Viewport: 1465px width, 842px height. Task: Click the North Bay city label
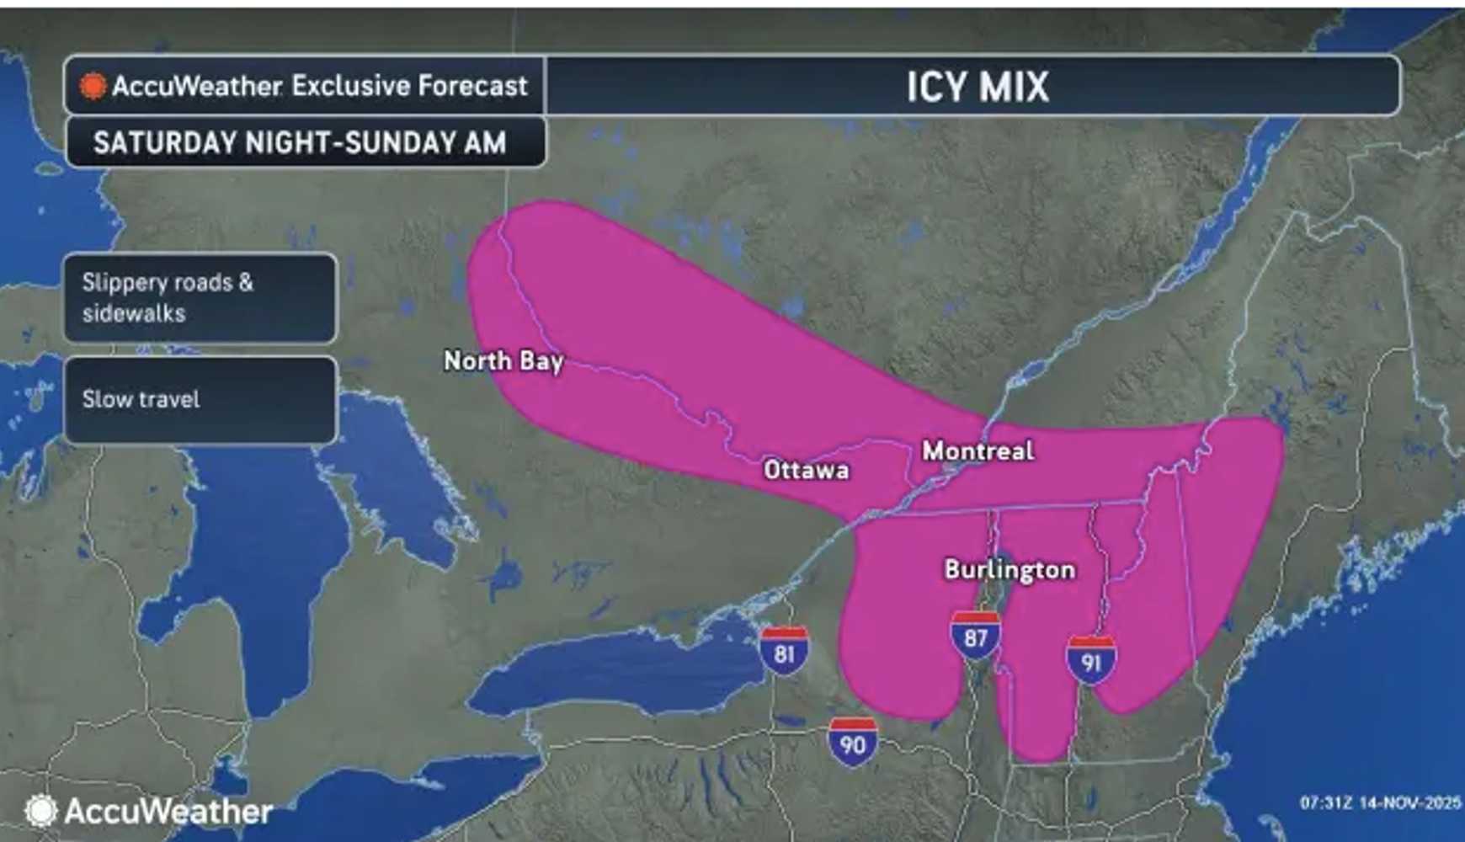click(503, 361)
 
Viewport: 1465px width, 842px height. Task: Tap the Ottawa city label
click(806, 470)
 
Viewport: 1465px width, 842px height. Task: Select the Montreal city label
click(978, 451)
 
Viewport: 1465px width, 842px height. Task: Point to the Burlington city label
click(1010, 570)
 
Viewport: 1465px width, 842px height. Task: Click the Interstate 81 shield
click(784, 650)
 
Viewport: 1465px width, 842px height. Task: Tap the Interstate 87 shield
click(975, 636)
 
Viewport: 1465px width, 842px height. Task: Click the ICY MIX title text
click(977, 87)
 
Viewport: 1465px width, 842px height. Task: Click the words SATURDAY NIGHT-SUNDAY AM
click(300, 142)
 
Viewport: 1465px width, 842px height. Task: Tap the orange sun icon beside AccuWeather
click(93, 86)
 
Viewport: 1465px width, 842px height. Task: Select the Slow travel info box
click(200, 400)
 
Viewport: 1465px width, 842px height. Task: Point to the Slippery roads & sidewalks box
click(200, 298)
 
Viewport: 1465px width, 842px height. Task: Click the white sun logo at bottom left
click(40, 811)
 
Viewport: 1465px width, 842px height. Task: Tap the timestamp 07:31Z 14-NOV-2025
click(1380, 803)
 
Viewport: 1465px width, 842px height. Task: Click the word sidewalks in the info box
click(134, 313)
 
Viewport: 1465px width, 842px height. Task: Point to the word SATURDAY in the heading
click(165, 142)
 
